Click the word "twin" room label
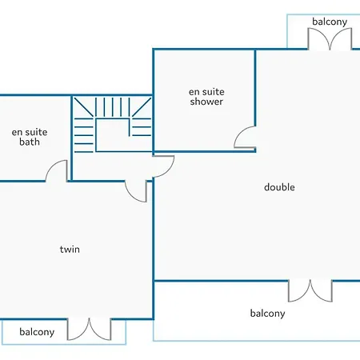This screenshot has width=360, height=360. click(x=70, y=250)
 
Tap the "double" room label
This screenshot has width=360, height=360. click(x=279, y=187)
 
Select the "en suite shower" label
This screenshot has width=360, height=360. click(x=206, y=97)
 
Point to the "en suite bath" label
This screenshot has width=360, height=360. click(x=30, y=137)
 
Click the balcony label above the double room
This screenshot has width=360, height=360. click(x=330, y=22)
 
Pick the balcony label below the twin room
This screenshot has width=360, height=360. click(x=37, y=332)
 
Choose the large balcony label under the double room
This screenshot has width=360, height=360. click(x=267, y=314)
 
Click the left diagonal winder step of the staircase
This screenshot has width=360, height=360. click(x=84, y=107)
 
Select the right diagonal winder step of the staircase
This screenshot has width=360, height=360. click(x=142, y=107)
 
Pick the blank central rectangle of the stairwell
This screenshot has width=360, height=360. click(x=112, y=135)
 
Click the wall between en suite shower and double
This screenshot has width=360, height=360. click(x=255, y=87)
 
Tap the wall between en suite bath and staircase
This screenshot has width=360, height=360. click(x=71, y=138)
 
